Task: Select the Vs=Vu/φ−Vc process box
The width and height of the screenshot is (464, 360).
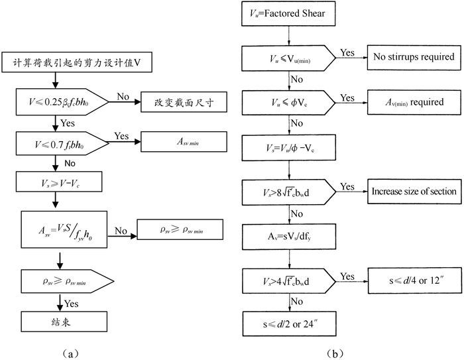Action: point(289,145)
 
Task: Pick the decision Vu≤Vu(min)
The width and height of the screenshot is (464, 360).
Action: point(289,58)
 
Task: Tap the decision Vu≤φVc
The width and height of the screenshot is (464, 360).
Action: point(289,102)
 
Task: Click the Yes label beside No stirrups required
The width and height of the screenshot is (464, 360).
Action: point(347,52)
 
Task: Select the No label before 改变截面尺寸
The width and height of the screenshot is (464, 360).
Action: point(123,97)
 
